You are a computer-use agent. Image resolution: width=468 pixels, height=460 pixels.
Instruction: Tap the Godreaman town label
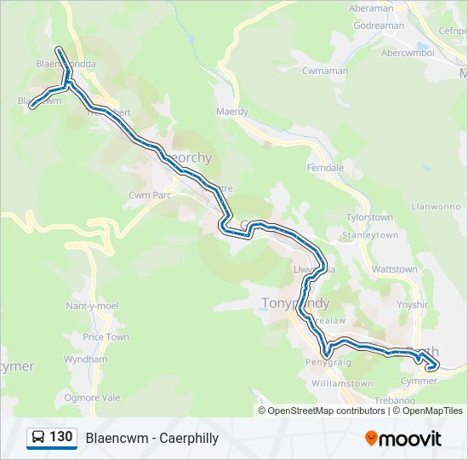tap(380, 26)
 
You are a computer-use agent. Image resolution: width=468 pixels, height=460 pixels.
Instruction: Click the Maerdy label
tap(232, 112)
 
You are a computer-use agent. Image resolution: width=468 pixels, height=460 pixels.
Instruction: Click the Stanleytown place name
tap(369, 234)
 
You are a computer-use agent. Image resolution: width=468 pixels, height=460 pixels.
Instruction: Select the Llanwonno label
tap(436, 206)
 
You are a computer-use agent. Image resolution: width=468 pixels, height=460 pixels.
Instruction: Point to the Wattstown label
tap(395, 269)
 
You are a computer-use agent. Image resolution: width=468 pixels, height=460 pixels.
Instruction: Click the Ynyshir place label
tap(413, 304)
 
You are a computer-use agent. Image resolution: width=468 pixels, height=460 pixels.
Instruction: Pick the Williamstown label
tap(342, 383)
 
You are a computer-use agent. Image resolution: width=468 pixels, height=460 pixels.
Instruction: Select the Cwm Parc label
tap(151, 195)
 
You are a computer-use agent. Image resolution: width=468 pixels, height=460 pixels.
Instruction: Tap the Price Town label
tap(106, 337)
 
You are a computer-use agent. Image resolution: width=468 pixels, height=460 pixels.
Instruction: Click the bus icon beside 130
tap(38, 438)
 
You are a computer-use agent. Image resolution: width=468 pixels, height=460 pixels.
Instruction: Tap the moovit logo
tap(403, 439)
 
